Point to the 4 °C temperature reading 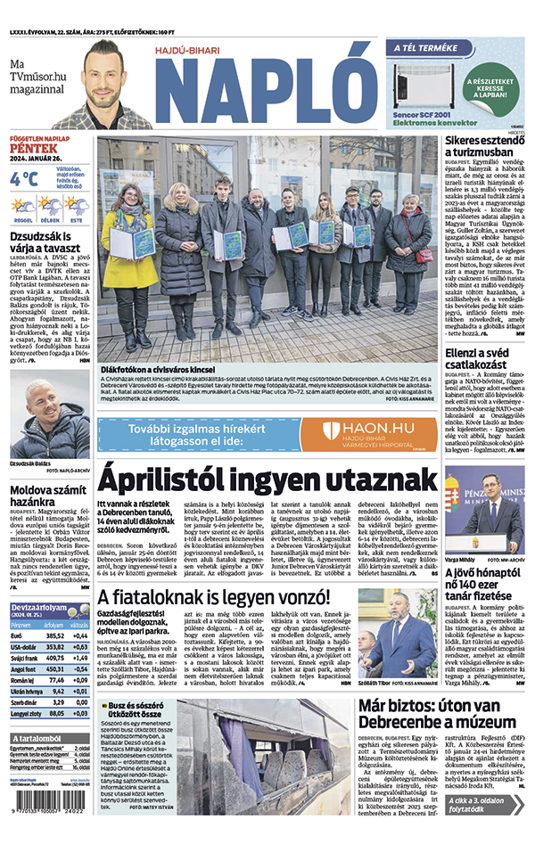coord(25,179)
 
